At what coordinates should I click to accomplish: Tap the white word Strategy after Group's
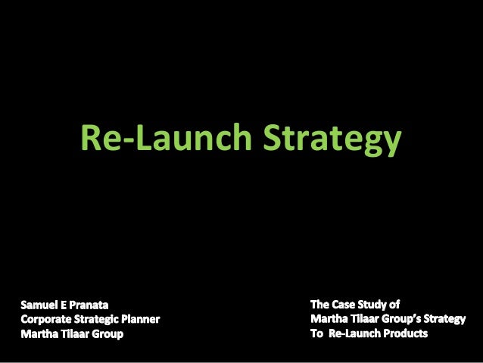coord(447,318)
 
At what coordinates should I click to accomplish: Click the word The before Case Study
coord(321,305)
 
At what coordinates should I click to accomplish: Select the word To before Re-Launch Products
coord(317,333)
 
